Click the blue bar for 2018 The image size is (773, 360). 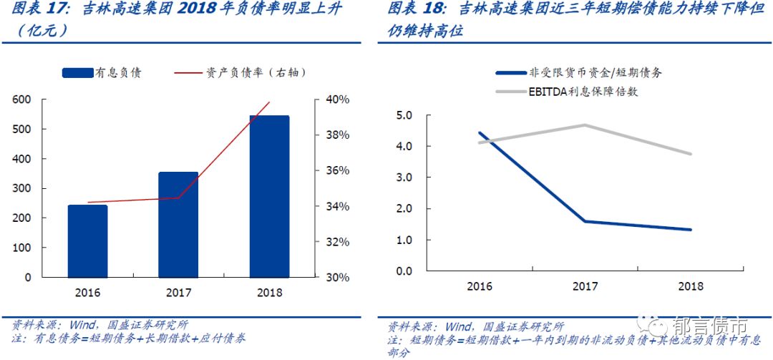pos(269,196)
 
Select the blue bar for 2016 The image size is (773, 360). pos(87,240)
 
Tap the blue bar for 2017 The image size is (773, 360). pos(178,224)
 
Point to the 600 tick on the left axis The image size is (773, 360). pos(22,99)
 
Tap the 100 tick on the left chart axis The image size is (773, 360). pos(22,248)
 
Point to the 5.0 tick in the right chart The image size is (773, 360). pos(405,115)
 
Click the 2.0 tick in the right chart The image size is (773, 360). pos(405,209)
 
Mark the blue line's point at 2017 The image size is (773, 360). pos(585,221)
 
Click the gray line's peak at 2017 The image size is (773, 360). pos(585,125)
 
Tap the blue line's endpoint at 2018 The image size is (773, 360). pos(691,230)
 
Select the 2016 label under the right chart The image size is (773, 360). pos(480,287)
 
